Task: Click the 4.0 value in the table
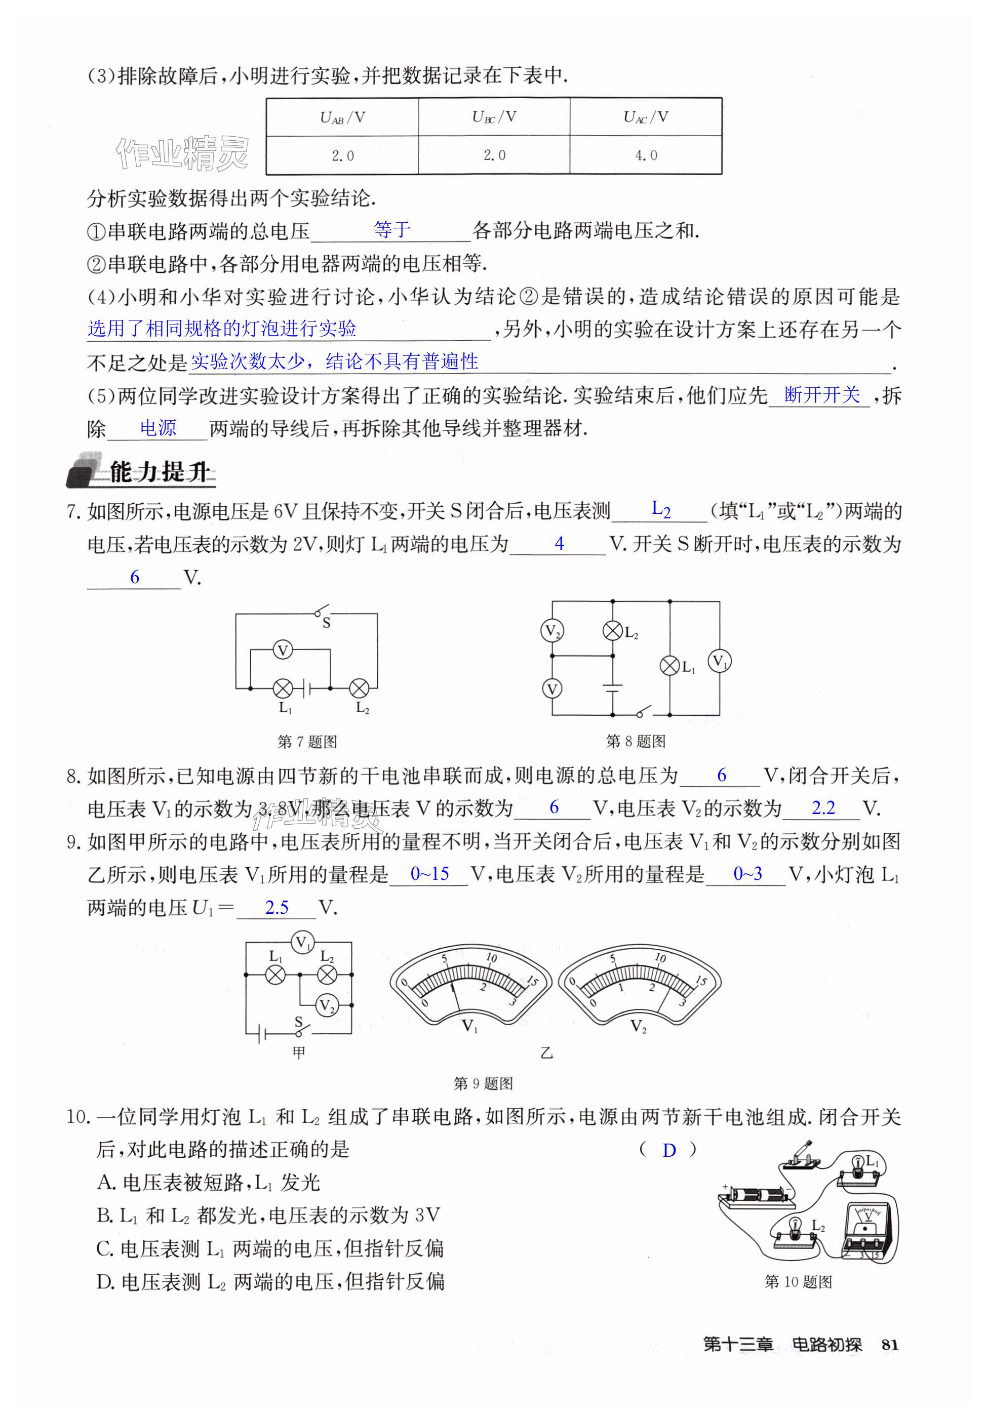(646, 155)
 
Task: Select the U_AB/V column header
(342, 117)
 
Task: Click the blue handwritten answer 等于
(391, 230)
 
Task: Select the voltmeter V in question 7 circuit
(283, 650)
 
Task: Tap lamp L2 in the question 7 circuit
(359, 687)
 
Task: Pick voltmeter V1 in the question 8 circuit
(719, 661)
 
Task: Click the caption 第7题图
(307, 742)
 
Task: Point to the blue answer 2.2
(823, 807)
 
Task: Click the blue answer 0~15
(429, 874)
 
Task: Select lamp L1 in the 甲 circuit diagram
(275, 975)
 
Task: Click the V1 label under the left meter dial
(469, 1026)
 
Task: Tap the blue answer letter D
(669, 1150)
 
